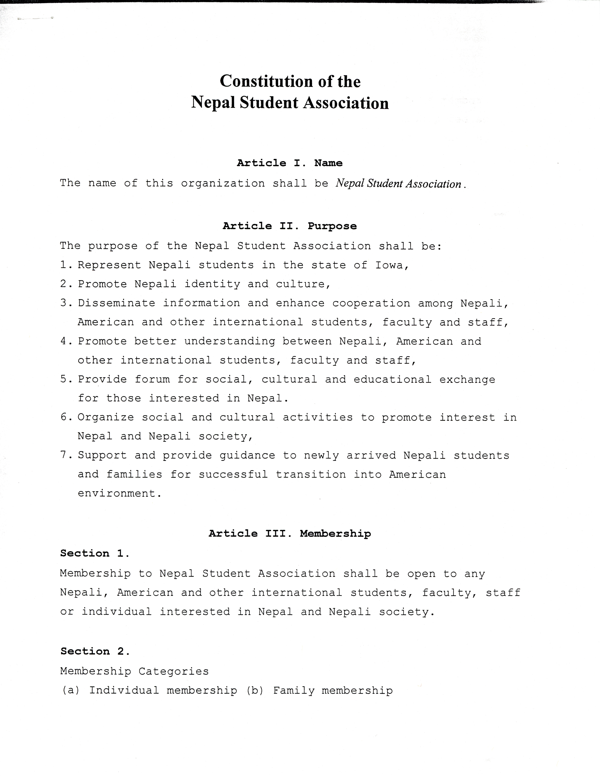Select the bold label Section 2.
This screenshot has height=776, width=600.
pyautogui.click(x=95, y=651)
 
